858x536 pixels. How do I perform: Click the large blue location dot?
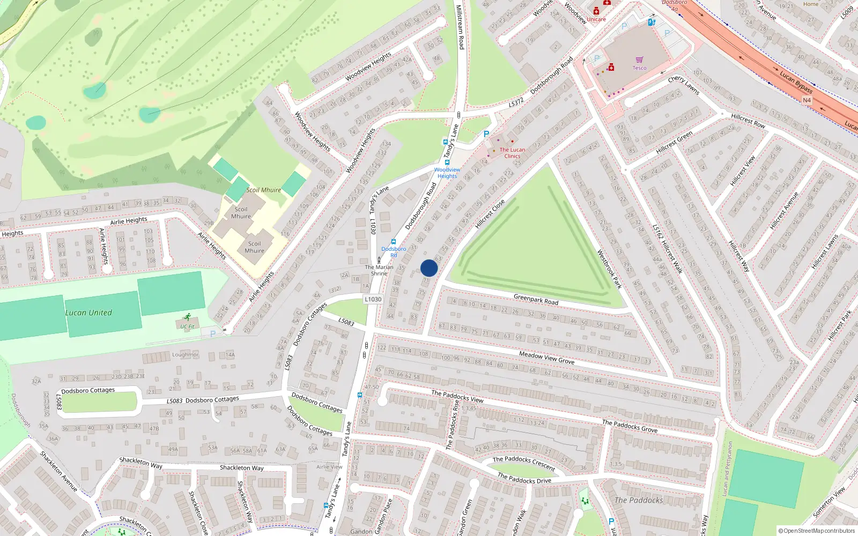[x=429, y=268]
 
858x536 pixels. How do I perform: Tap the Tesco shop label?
[x=639, y=68]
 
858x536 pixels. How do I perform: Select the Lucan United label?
[x=88, y=312]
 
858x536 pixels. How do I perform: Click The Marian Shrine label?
[x=379, y=270]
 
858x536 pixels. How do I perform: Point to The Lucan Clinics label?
[x=512, y=153]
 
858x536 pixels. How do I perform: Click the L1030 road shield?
[x=373, y=300]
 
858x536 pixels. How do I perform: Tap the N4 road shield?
[x=807, y=100]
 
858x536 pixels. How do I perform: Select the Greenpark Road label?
[x=536, y=300]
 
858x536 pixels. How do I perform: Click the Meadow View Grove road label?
[x=546, y=358]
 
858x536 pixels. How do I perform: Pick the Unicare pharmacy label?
[x=596, y=19]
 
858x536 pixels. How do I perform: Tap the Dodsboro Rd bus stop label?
[x=394, y=252]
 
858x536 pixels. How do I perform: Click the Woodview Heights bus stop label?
[x=447, y=173]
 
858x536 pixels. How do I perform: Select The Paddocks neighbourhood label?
[x=639, y=500]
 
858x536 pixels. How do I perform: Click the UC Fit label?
[x=187, y=326]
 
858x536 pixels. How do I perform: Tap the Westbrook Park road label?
[x=609, y=269]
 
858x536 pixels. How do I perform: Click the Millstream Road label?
[x=460, y=27]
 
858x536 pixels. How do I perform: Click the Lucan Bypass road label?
[x=796, y=82]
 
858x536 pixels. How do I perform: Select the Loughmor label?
[x=185, y=355]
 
